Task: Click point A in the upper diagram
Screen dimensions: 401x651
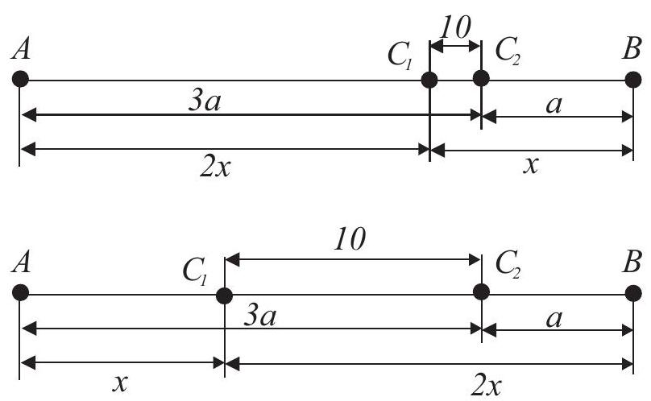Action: (21, 81)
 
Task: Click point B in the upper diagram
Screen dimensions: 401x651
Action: (633, 81)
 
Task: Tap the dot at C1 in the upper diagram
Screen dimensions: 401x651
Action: (429, 81)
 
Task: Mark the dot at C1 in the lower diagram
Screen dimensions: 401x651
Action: (224, 293)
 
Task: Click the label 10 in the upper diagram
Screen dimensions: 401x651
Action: (455, 28)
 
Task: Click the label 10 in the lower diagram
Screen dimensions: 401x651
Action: (352, 238)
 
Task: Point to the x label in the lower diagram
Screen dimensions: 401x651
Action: (121, 383)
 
